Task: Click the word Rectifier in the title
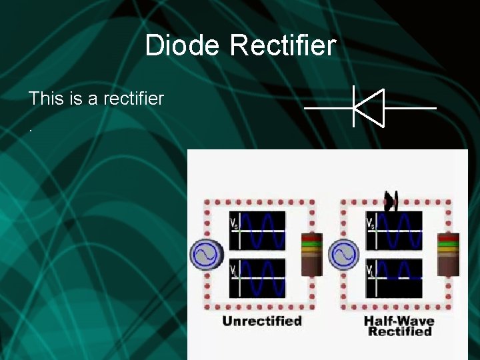283,46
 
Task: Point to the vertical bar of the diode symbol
353,107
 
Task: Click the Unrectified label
261,321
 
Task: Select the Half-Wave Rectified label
399,326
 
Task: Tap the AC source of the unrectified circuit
206,255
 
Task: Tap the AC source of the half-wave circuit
343,255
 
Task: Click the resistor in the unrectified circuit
311,254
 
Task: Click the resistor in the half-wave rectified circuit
448,254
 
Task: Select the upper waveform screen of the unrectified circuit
257,231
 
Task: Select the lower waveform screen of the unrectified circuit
257,278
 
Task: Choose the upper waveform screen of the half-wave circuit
393,231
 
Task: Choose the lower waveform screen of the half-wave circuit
393,278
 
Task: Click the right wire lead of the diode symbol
411,107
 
